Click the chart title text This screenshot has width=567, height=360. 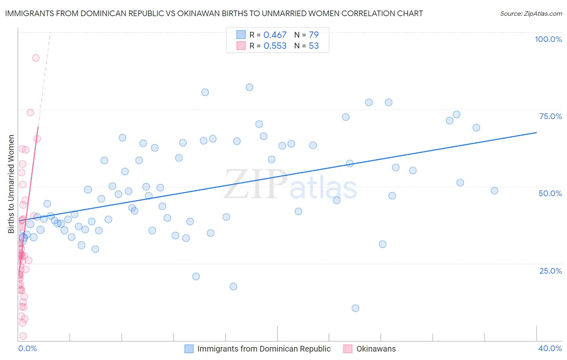(214, 13)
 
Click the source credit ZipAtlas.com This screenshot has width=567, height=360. (531, 14)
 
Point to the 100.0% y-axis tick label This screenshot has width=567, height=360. (548, 39)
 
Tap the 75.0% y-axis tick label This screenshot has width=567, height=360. (550, 116)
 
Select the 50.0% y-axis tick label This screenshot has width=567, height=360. (550, 193)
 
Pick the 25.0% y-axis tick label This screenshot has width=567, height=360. (550, 271)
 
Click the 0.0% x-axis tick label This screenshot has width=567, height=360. (27, 348)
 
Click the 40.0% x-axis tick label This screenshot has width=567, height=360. (550, 348)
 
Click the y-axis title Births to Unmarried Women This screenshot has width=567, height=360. (11, 184)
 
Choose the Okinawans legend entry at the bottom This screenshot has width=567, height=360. (376, 349)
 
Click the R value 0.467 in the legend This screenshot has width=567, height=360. (275, 35)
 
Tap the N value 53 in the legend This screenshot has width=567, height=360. (314, 46)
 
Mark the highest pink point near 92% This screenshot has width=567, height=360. (35, 58)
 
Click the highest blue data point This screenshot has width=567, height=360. (250, 87)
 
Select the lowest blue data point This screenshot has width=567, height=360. (355, 308)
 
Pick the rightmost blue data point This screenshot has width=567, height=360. (494, 190)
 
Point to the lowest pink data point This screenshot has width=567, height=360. (23, 336)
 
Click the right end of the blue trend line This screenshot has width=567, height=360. (536, 132)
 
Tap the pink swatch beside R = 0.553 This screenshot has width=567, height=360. (241, 46)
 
